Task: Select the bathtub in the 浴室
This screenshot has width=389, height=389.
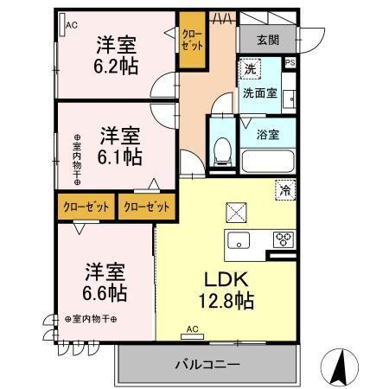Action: [x=267, y=161]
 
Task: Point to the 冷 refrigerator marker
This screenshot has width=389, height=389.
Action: [x=284, y=190]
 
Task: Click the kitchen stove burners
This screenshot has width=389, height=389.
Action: [x=284, y=239]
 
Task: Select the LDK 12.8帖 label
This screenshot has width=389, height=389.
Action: [x=226, y=291]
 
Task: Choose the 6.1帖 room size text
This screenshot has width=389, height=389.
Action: [x=119, y=156]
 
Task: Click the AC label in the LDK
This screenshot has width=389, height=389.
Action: [x=193, y=329]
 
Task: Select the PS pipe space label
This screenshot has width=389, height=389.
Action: [x=290, y=62]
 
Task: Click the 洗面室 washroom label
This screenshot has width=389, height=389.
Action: [x=259, y=93]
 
